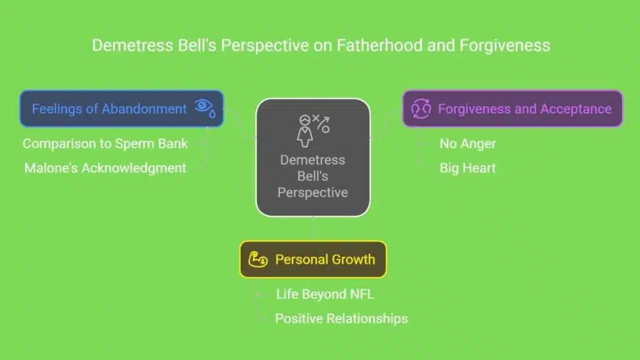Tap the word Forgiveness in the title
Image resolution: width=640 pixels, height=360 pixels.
[505, 45]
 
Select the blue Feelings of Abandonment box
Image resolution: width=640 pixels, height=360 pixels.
[122, 109]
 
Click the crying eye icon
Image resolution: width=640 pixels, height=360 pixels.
[205, 108]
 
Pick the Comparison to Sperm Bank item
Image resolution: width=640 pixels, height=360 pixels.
[105, 144]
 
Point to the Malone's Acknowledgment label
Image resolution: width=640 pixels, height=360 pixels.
[105, 168]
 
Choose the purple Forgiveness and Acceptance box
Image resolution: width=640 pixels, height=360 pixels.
[512, 109]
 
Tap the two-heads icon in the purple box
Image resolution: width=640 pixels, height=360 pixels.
[421, 109]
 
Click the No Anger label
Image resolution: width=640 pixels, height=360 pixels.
[467, 144]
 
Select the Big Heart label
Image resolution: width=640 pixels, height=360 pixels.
[467, 168]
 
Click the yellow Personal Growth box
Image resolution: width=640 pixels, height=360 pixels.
[313, 259]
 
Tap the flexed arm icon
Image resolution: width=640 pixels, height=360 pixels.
[258, 259]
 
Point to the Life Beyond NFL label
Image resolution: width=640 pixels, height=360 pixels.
[325, 294]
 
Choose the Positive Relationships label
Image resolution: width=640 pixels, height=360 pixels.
[341, 319]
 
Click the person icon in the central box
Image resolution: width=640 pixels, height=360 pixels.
[304, 131]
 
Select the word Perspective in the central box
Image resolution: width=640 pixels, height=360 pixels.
[312, 192]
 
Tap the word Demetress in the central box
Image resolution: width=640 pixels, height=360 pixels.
[312, 160]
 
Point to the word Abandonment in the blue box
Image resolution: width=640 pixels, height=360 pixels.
[144, 109]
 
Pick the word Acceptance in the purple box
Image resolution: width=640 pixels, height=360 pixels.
[576, 109]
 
